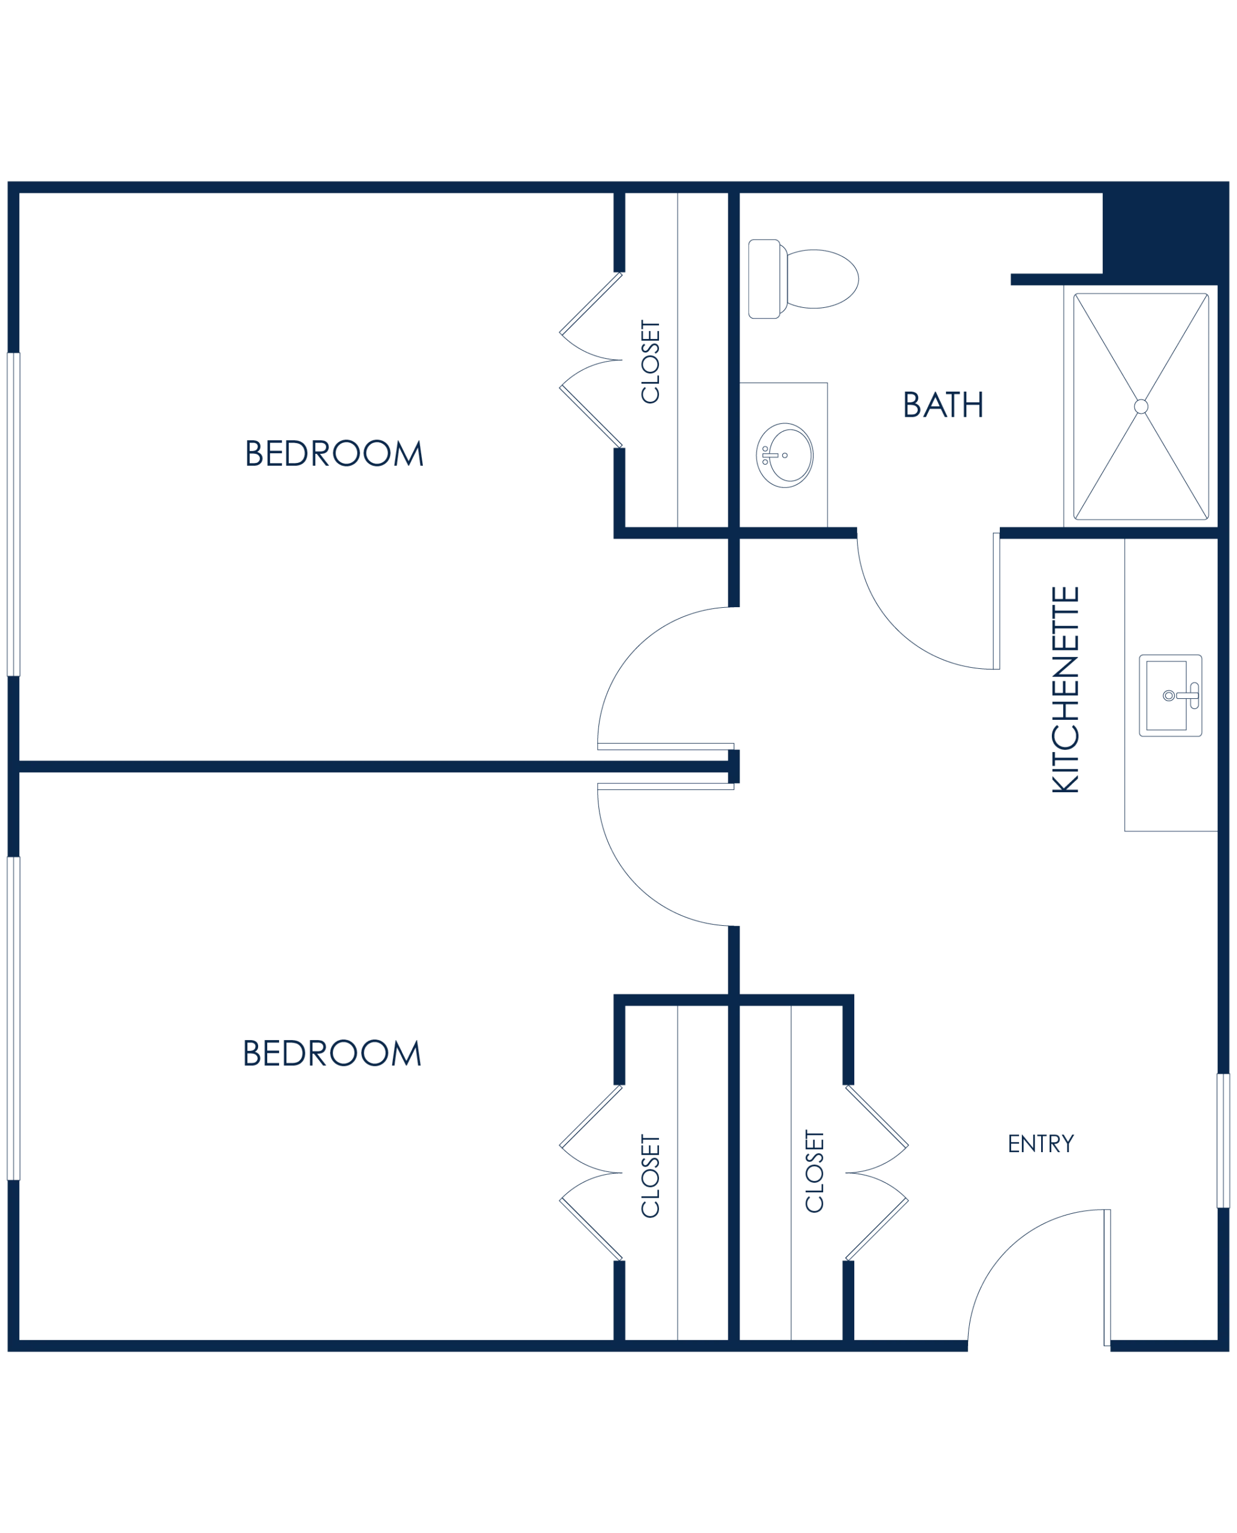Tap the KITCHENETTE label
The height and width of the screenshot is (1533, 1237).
[x=1065, y=690]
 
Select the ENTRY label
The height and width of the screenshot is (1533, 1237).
[x=1041, y=1143]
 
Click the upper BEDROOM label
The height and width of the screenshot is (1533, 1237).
[x=334, y=453]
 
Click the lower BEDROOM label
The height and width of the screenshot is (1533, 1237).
[x=332, y=1053]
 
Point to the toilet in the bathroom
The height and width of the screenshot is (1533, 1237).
[x=803, y=278]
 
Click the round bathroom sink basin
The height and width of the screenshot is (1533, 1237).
[x=785, y=455]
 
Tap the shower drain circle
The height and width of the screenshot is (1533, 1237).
[x=1141, y=406]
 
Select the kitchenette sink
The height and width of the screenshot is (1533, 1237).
[x=1171, y=695]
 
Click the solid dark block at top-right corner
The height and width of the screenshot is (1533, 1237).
[x=1165, y=233]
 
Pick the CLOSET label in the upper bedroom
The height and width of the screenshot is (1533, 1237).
[x=651, y=362]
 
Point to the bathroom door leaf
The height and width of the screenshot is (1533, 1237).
[x=996, y=601]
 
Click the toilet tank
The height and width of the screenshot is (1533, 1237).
[x=764, y=278]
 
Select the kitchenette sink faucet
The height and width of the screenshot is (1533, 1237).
[x=1188, y=695]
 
